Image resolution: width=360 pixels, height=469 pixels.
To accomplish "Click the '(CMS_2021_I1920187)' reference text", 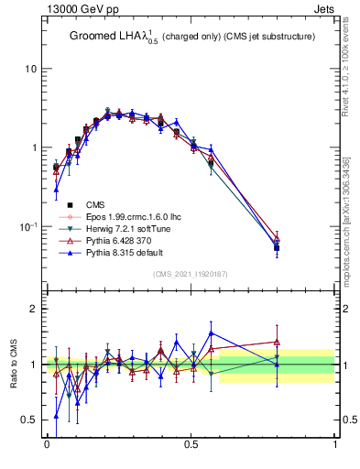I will tap(191, 274).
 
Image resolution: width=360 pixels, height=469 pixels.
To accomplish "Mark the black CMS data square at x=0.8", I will tap(277, 247).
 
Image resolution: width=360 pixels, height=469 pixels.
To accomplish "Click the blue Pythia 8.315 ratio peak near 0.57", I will tap(211, 333).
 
